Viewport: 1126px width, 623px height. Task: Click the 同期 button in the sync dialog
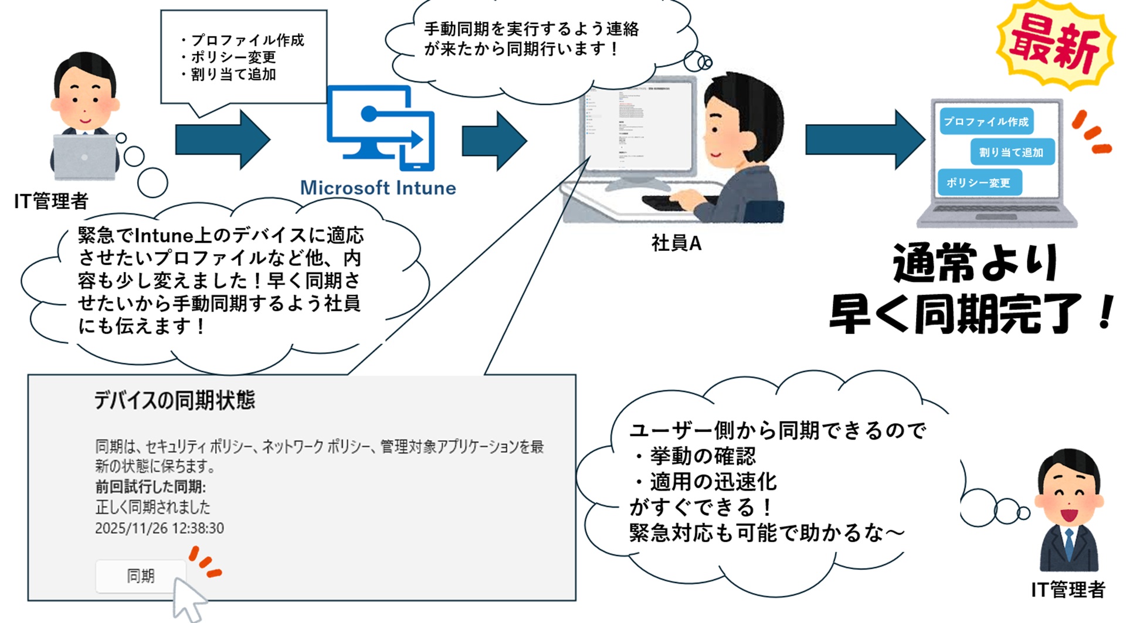141,576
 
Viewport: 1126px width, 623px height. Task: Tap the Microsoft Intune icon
381,128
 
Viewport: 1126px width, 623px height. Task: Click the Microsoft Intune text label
378,188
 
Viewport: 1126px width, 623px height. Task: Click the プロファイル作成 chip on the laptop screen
986,121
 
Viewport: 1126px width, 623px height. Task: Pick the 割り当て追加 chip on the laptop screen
1011,152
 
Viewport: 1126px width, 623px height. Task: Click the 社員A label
676,243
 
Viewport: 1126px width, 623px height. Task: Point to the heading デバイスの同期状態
175,400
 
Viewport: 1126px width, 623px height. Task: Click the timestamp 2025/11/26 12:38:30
160,528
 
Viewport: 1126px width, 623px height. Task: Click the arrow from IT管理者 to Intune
222,139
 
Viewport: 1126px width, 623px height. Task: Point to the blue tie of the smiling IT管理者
1069,544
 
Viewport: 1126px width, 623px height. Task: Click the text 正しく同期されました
152,507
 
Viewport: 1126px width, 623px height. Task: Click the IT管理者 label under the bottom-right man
1067,590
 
